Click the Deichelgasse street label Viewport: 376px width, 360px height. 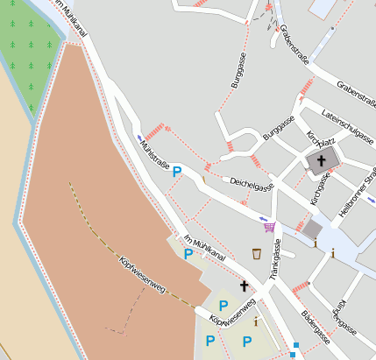(x=252, y=183)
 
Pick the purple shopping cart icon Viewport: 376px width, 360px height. (x=269, y=227)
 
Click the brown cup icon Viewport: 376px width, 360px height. (x=256, y=254)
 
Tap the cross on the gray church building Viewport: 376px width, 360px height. (x=322, y=161)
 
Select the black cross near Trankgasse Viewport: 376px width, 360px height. (x=244, y=286)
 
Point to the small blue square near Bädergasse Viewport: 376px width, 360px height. (x=295, y=344)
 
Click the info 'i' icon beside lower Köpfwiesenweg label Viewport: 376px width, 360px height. (x=255, y=322)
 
